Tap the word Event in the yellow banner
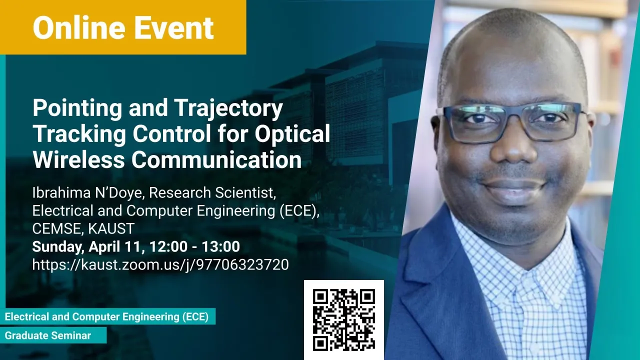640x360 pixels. point(173,27)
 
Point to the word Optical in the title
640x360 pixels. point(292,133)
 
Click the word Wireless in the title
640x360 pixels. point(78,159)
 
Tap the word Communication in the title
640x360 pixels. point(216,159)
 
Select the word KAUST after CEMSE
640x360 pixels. point(111,228)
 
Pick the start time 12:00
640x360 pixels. point(164,246)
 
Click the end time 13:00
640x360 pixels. point(221,246)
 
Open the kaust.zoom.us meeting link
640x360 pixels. point(160,265)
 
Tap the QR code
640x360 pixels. point(343,319)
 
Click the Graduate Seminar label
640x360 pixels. point(48,335)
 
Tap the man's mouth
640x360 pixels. point(514,188)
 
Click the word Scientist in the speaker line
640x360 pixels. point(245,192)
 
